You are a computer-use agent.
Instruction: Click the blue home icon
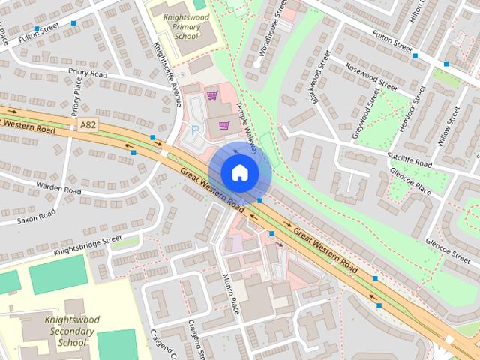pyautogui.click(x=239, y=172)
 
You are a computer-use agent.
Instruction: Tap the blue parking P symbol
pyautogui.click(x=196, y=130)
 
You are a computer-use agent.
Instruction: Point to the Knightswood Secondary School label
pyautogui.click(x=71, y=331)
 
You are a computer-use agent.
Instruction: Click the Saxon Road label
pyautogui.click(x=37, y=217)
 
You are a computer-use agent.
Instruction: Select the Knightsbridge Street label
pyautogui.click(x=87, y=246)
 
